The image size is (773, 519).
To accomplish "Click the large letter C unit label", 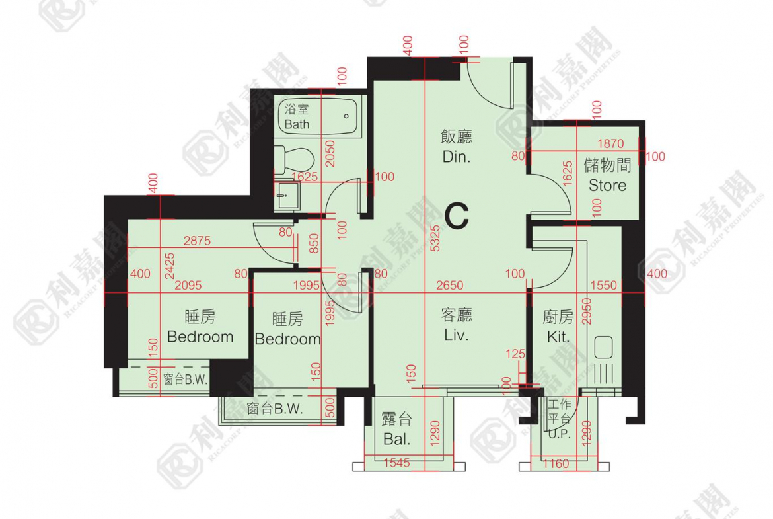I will click(457, 216).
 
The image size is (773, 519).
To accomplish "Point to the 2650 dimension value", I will click(449, 286).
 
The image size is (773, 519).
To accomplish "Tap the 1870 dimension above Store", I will click(610, 143).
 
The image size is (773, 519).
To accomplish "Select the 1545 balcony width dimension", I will click(396, 463).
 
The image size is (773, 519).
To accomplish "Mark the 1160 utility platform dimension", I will click(555, 464).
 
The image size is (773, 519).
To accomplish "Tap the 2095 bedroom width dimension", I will click(189, 286).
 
